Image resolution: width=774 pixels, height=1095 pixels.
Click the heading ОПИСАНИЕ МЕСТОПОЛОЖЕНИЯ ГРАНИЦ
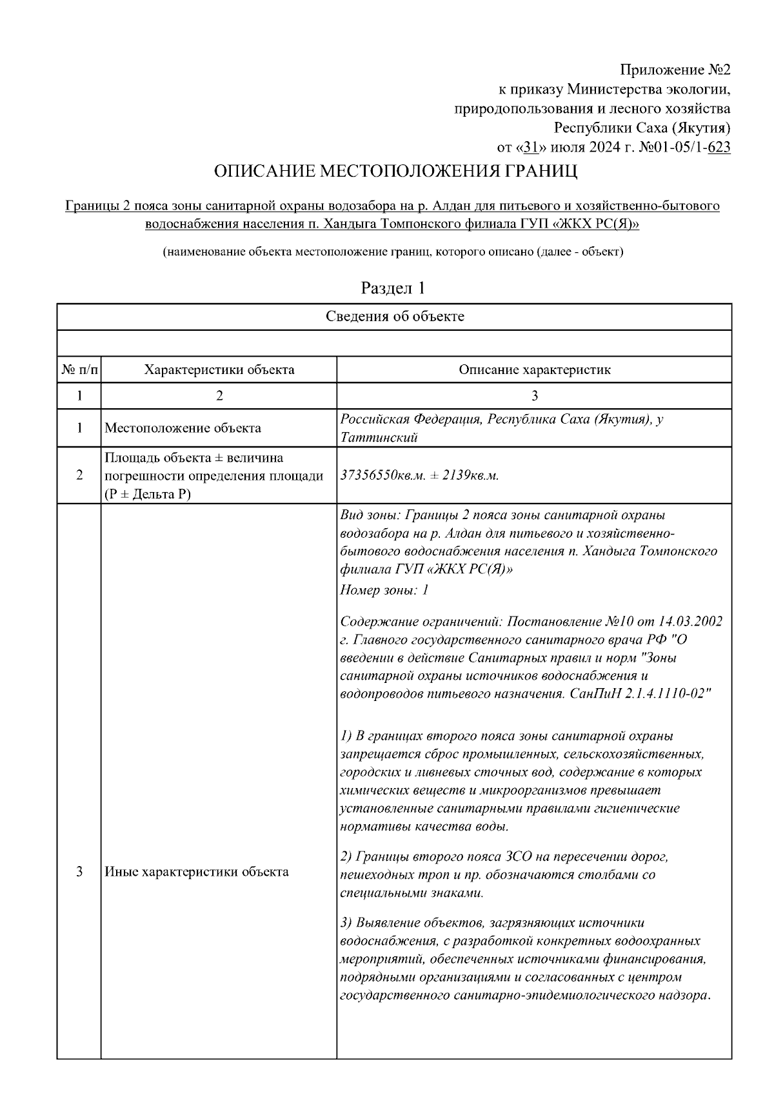(x=395, y=172)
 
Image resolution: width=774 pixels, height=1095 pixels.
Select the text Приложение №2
(x=675, y=69)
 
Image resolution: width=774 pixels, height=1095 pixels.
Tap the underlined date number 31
(x=531, y=148)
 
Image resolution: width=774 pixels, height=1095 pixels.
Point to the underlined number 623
(x=719, y=148)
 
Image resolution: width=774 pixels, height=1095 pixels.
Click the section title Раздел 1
(x=393, y=288)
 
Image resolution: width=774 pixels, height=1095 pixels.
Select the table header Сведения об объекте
(x=394, y=317)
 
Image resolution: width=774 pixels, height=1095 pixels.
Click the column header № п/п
(x=79, y=370)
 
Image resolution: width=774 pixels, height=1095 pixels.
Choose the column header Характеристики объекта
(x=219, y=370)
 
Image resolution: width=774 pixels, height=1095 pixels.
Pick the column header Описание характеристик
(x=534, y=370)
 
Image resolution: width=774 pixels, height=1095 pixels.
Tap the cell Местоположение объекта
(x=183, y=428)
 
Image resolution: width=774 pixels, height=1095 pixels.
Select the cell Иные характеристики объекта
(x=196, y=873)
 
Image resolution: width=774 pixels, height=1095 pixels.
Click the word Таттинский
(x=379, y=438)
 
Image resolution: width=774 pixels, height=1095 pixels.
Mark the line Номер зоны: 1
(x=384, y=589)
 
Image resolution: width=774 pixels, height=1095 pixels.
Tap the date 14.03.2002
(x=690, y=622)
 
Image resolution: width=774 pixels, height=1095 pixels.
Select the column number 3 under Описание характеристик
(x=534, y=396)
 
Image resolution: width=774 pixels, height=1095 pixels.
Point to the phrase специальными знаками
(x=411, y=893)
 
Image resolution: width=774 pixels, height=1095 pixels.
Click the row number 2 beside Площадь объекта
(x=79, y=475)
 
